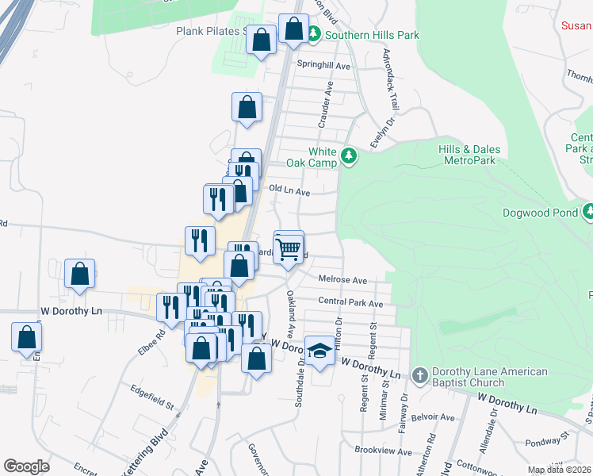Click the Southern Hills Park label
(372, 35)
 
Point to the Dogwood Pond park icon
(589, 212)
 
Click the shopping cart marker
(289, 249)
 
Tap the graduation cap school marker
(319, 351)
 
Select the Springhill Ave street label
(323, 66)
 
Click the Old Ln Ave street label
(289, 190)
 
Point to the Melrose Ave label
(342, 280)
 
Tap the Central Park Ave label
(350, 302)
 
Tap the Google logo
(26, 466)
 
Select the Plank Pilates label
(208, 32)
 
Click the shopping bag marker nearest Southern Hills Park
(293, 29)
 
